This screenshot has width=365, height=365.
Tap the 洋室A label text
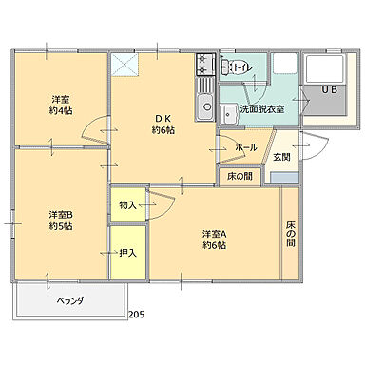(214, 233)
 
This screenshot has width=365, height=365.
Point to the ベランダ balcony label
(69, 300)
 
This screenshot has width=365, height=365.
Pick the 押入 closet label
(127, 252)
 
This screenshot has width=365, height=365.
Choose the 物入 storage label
(127, 204)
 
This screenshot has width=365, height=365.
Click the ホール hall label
(245, 147)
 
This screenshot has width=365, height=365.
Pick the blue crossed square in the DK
(125, 66)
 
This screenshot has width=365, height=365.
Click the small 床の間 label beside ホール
(240, 176)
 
